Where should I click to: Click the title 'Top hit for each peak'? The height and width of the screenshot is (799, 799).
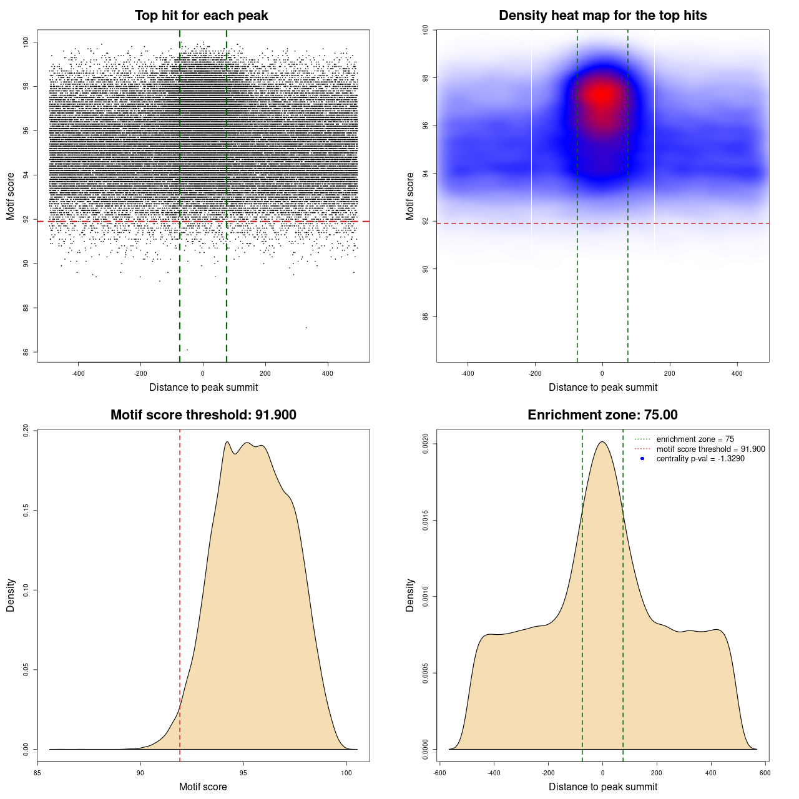[201, 16]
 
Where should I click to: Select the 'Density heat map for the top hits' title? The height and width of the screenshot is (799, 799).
[602, 16]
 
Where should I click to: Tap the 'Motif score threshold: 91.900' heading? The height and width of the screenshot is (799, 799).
[203, 415]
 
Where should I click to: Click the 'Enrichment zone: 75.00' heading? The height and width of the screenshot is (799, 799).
[602, 415]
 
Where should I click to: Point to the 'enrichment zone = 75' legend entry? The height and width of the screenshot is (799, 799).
[695, 439]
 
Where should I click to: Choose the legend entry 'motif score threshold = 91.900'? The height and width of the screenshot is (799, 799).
[710, 449]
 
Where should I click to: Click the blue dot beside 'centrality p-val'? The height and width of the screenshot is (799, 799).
[642, 459]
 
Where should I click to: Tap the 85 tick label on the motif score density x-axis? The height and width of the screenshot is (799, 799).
[38, 773]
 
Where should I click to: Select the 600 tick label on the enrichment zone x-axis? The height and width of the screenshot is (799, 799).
[765, 773]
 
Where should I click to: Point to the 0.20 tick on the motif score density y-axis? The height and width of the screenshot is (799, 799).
[26, 431]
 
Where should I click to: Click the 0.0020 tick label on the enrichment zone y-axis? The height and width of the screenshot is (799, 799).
[426, 444]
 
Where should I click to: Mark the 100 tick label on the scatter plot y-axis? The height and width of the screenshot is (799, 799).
[26, 42]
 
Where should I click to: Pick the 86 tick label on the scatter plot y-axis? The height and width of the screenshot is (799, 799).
[26, 352]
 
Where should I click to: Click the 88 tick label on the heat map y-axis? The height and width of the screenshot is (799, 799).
[426, 316]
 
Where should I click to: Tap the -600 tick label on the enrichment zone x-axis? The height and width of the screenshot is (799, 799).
[440, 773]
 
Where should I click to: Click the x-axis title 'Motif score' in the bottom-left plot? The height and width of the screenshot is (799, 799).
[203, 787]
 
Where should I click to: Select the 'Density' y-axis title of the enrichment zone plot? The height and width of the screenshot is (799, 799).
[410, 595]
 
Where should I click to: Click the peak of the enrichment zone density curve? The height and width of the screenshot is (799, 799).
[602, 442]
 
